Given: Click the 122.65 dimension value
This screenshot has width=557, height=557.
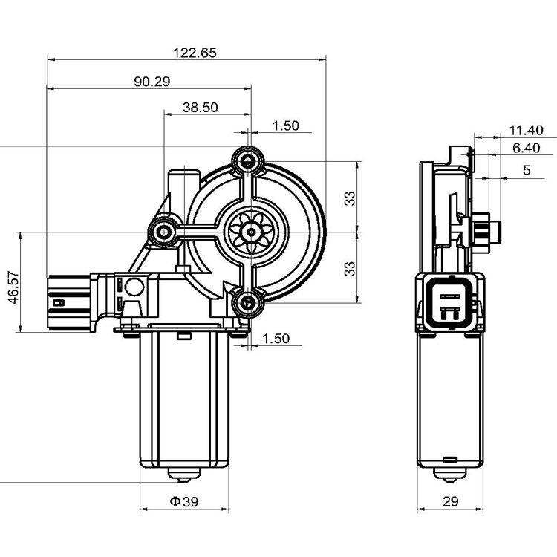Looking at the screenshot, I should coord(195,53).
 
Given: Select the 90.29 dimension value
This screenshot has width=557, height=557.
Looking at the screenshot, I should coord(152,82).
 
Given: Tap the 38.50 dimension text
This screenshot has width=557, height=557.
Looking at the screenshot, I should coord(200,107).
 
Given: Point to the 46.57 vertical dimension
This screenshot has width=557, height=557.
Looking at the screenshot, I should coord(13,283).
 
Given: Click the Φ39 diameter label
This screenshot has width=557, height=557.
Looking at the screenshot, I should coord(184,502).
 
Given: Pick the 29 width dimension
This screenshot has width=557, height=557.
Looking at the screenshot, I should coord(451,502).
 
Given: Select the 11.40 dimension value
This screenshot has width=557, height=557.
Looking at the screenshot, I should coord(526,130).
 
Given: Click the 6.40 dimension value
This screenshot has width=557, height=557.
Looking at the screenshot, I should coord(526,149).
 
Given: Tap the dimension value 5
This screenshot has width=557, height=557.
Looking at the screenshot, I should coord(527,170).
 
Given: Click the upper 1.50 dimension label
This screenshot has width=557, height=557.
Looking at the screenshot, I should coord(285,126).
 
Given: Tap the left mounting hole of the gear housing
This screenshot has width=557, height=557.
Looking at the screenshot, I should coord(163,232).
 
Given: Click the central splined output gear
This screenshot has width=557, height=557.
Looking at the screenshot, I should coord(250,232).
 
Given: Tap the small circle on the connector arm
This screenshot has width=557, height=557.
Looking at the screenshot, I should coord(134,286).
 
